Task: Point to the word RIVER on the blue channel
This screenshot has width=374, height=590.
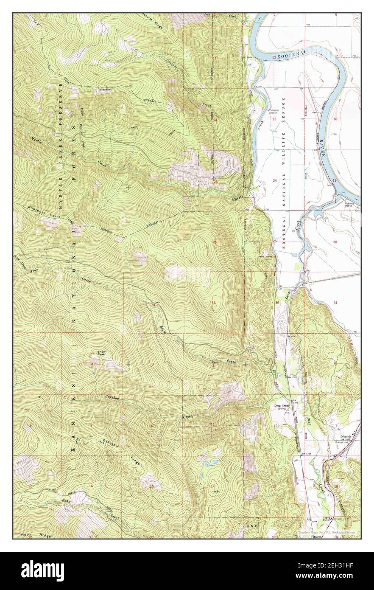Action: (325, 149)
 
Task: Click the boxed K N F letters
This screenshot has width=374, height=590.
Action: (251, 526)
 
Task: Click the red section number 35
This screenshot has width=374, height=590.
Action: (214, 303)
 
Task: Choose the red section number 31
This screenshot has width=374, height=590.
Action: (335, 303)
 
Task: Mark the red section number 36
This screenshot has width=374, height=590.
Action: (277, 303)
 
